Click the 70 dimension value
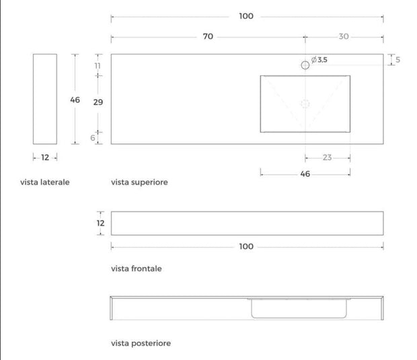(208, 36)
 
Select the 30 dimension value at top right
(344, 36)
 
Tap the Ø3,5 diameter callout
(319, 60)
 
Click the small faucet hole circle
(305, 65)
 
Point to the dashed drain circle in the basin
(305, 104)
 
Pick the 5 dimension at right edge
(398, 60)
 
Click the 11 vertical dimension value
(98, 66)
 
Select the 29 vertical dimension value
(98, 102)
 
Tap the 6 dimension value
(93, 138)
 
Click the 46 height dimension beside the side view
(75, 100)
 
